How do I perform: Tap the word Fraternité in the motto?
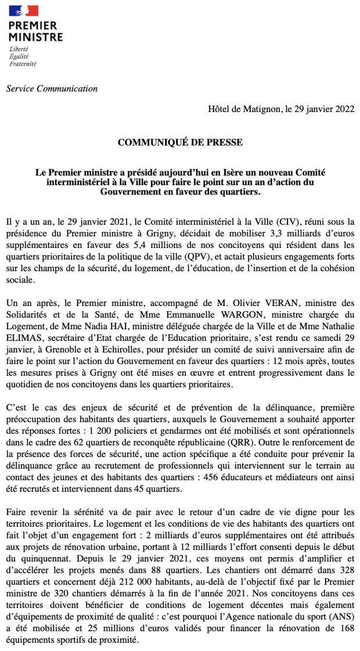(x=23, y=64)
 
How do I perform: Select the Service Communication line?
(x=52, y=89)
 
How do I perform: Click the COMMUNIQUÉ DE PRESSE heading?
(x=180, y=142)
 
